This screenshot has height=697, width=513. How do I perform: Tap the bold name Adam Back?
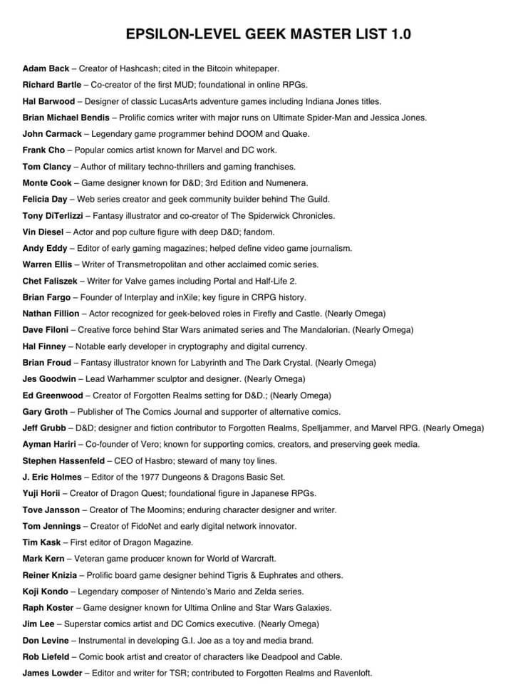click(46, 68)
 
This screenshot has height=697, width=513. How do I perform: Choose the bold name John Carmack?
click(52, 134)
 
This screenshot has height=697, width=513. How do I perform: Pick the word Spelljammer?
click(304, 428)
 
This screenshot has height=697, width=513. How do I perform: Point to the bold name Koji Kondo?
click(46, 592)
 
